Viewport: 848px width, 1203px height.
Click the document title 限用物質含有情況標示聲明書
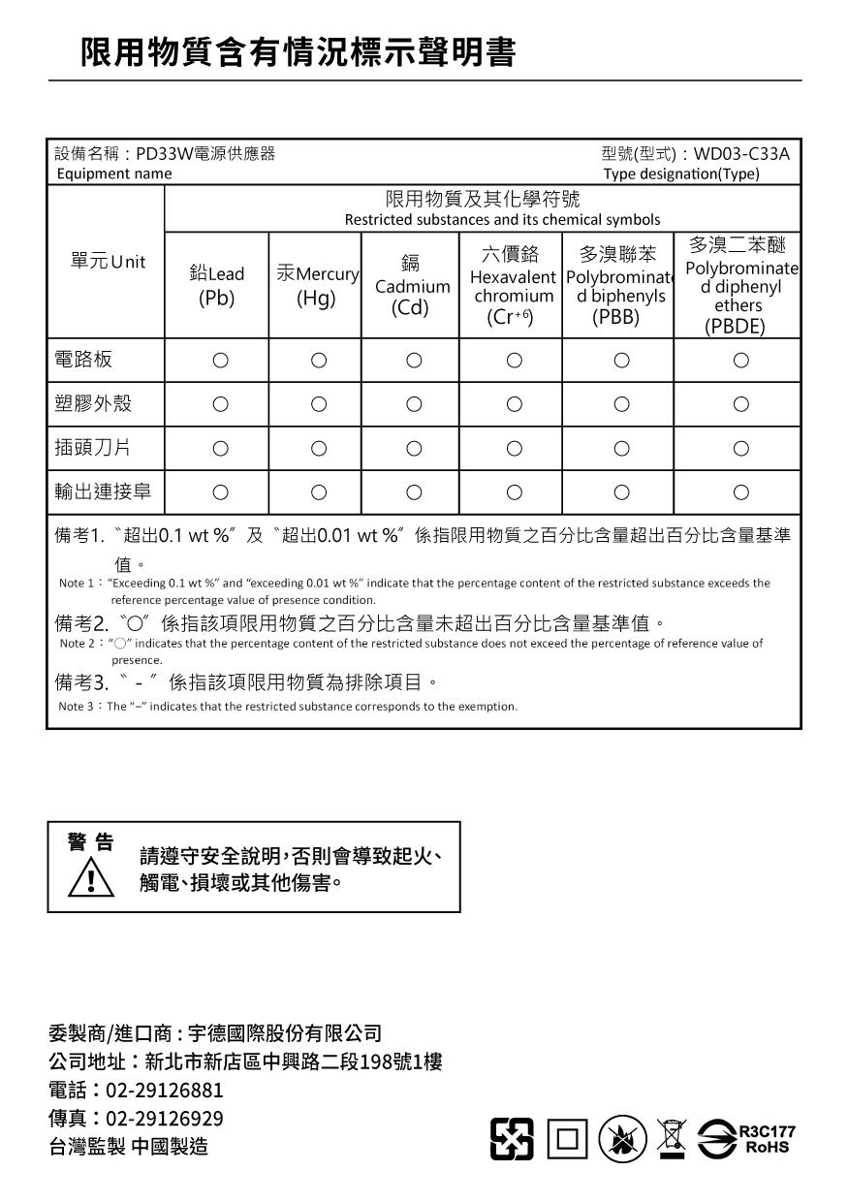pos(298,52)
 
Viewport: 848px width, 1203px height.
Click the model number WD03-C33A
pos(742,153)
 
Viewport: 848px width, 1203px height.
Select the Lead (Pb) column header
pos(216,286)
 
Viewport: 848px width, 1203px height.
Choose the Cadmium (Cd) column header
pos(412,286)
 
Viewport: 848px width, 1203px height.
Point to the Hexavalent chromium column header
pos(511,287)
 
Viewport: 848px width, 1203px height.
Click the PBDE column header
pos(739,286)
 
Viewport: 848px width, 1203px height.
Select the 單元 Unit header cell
pos(107,262)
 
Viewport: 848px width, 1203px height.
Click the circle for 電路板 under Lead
pos(220,361)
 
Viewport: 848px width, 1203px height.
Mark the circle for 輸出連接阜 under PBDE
pos(741,492)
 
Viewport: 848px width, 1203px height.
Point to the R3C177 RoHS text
pos(766,1139)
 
